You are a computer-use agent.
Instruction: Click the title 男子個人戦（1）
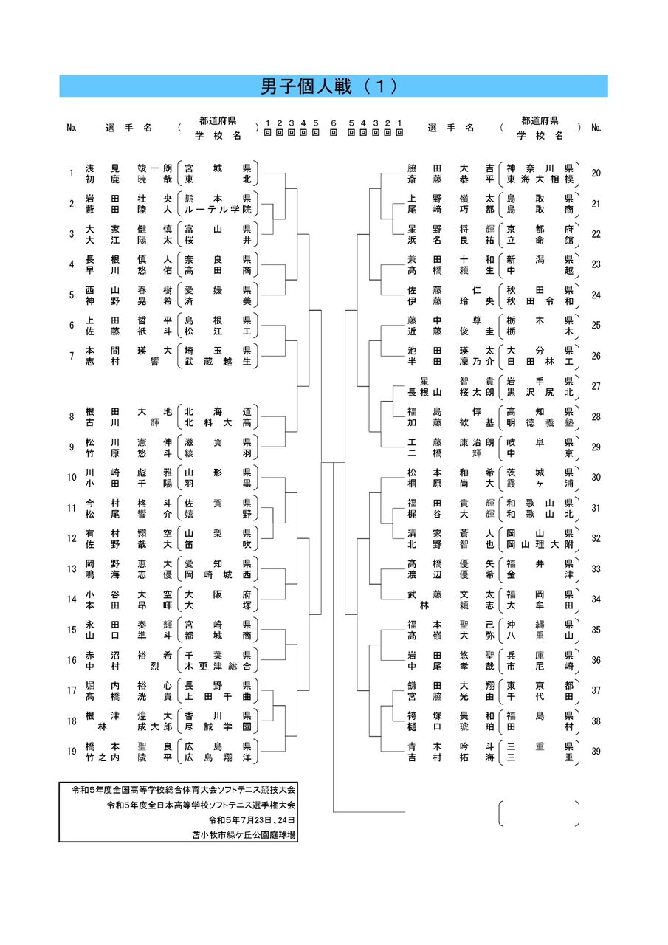[334, 86]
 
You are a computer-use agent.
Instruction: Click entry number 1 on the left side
[72, 173]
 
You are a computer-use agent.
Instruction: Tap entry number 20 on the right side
[596, 173]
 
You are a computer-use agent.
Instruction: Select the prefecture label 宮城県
[218, 168]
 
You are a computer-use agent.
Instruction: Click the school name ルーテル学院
[218, 210]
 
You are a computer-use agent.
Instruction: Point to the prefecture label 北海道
[218, 410]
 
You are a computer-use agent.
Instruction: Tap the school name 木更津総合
[218, 666]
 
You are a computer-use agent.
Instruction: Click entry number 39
[596, 751]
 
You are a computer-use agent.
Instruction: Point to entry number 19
[72, 751]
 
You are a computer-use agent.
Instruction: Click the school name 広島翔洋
[218, 757]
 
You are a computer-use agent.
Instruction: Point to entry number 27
[596, 386]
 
